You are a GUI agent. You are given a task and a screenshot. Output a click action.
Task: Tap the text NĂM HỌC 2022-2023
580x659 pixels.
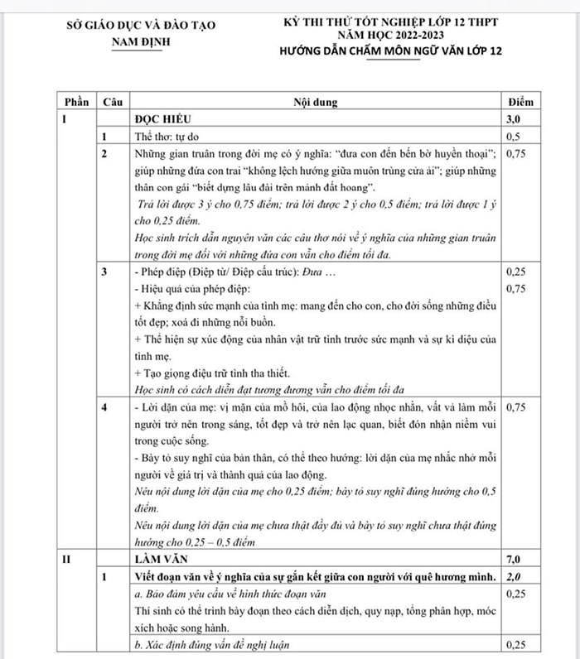390,36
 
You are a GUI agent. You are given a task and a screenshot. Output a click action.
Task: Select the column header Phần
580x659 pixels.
75,102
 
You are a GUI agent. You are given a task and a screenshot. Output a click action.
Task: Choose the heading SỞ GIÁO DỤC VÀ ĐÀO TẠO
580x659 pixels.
140,25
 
